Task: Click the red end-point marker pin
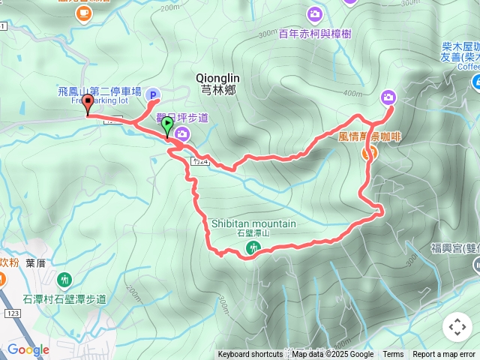point(88,104)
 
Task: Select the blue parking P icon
point(152,94)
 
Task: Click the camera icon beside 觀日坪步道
point(184,133)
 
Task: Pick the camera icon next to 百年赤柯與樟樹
point(314,13)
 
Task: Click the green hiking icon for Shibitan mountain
point(250,249)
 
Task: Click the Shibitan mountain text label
point(253,223)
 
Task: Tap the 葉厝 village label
point(36,262)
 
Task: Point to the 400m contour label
point(352,93)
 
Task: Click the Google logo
point(28,349)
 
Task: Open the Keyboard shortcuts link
point(250,355)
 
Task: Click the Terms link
point(393,355)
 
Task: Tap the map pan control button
point(457,327)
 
